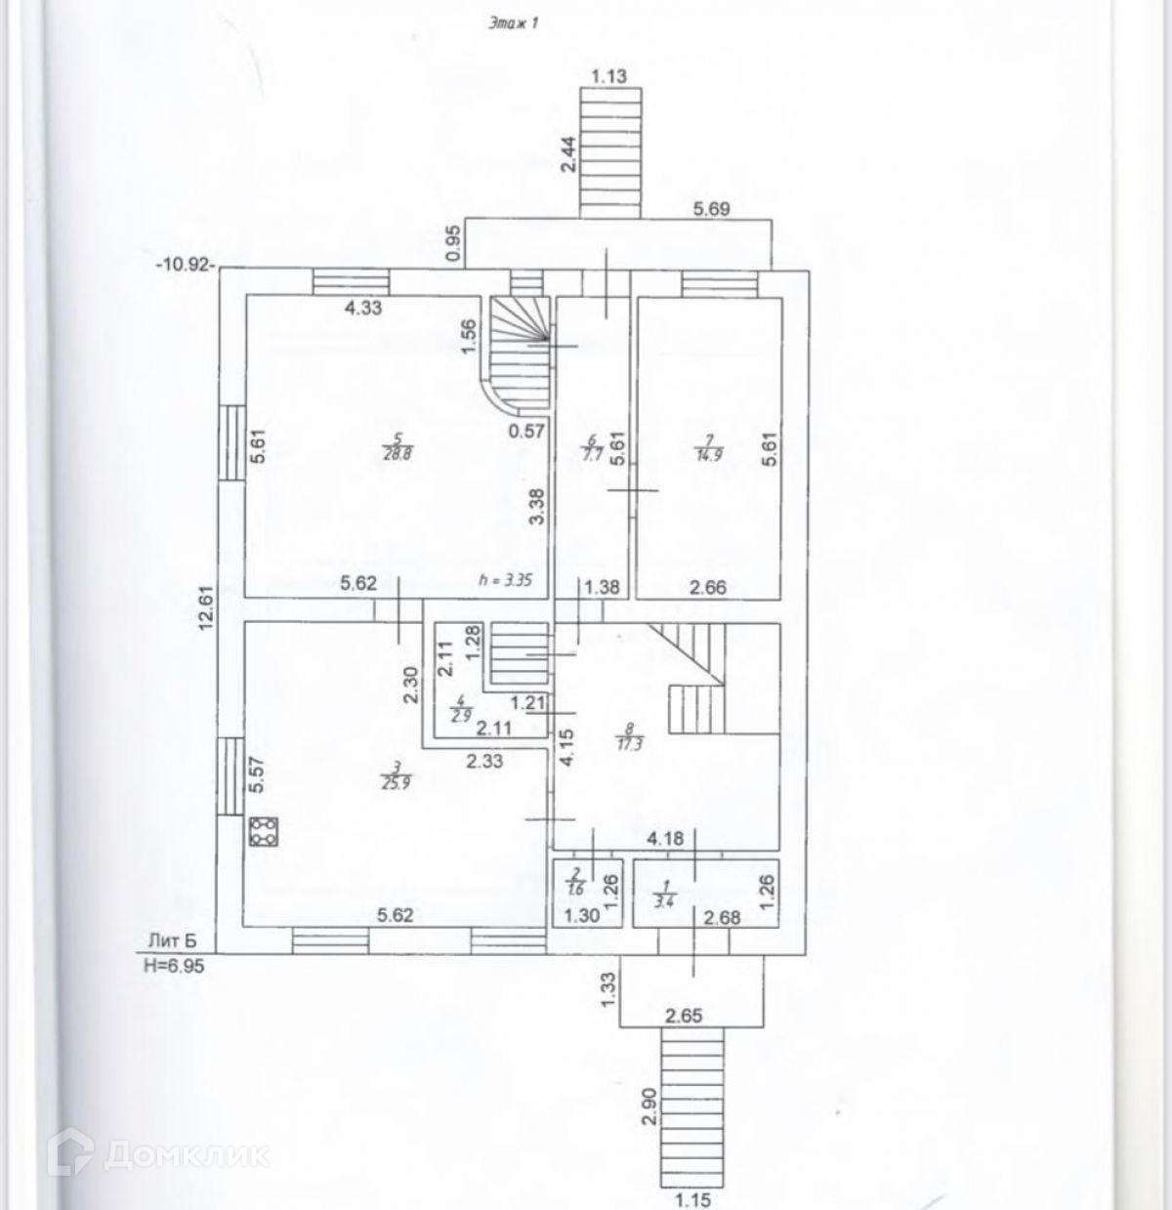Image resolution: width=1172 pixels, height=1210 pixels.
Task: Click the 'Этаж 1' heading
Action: click(514, 26)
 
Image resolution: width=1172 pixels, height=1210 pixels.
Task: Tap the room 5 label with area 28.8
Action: click(395, 449)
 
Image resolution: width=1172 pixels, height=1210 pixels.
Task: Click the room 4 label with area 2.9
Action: click(458, 706)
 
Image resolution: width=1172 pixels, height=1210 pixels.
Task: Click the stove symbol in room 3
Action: click(264, 832)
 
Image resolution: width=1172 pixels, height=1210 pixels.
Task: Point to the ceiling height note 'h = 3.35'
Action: click(503, 580)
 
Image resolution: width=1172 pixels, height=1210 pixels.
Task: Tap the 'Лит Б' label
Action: click(172, 940)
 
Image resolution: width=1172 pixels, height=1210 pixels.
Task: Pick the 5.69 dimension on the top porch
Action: click(712, 208)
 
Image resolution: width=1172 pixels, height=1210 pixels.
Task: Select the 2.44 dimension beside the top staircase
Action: click(569, 154)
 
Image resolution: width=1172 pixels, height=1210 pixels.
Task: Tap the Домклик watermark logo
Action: click(166, 1155)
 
